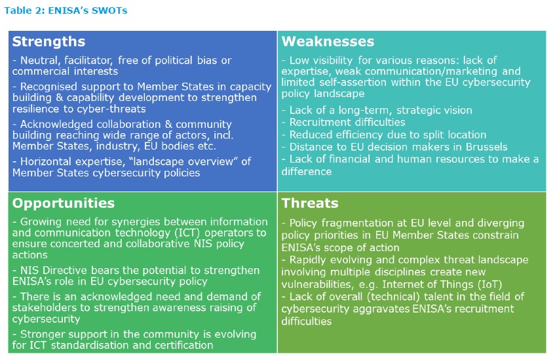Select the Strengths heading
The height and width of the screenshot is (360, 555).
click(48, 42)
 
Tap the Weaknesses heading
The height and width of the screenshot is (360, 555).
click(328, 42)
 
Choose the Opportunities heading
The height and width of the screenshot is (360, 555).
click(64, 203)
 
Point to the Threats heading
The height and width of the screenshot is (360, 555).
click(310, 203)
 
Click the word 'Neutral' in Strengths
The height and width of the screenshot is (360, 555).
click(37, 60)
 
